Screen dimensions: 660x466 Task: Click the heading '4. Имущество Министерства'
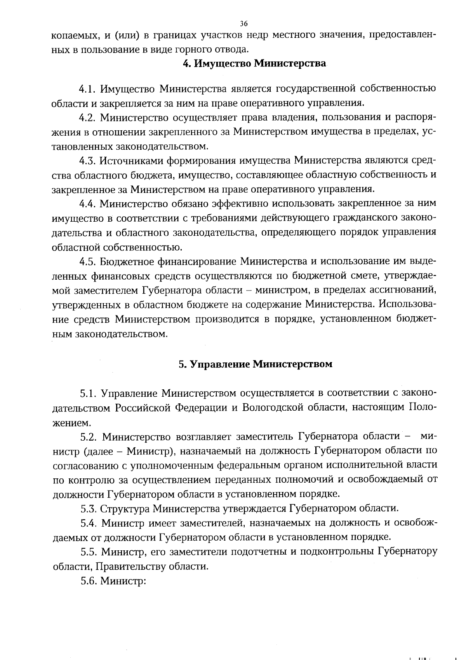[x=254, y=63]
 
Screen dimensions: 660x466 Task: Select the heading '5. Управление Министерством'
[x=255, y=364]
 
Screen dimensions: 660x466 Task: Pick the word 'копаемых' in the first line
[x=74, y=36]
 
